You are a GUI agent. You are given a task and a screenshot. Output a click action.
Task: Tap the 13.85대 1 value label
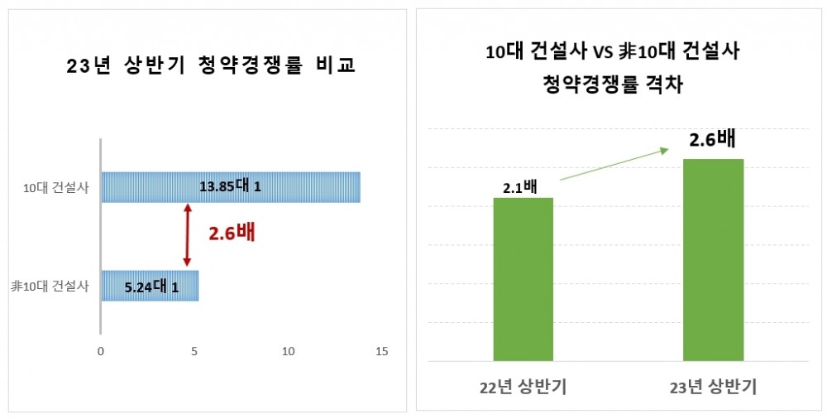click(230, 187)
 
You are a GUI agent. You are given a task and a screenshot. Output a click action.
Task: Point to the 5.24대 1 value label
click(151, 287)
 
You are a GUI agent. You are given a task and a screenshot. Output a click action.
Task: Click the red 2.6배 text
click(232, 233)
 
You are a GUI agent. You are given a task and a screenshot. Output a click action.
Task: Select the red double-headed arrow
click(188, 236)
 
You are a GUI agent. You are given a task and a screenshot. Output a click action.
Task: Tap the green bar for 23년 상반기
click(713, 260)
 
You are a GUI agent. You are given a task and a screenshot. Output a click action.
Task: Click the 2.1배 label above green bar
click(519, 187)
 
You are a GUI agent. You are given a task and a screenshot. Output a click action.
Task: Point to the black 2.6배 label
click(712, 140)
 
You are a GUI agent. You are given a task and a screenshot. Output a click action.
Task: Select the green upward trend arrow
click(614, 164)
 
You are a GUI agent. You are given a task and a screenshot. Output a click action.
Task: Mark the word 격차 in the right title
click(666, 84)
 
